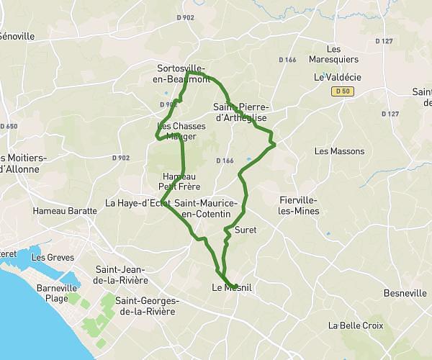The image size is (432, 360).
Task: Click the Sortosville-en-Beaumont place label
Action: [184, 74]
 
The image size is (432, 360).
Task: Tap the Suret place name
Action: [245, 230]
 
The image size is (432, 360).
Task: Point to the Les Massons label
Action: [340, 151]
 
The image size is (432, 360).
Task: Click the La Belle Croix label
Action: [354, 325]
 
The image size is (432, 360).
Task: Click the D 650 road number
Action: [9, 126]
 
